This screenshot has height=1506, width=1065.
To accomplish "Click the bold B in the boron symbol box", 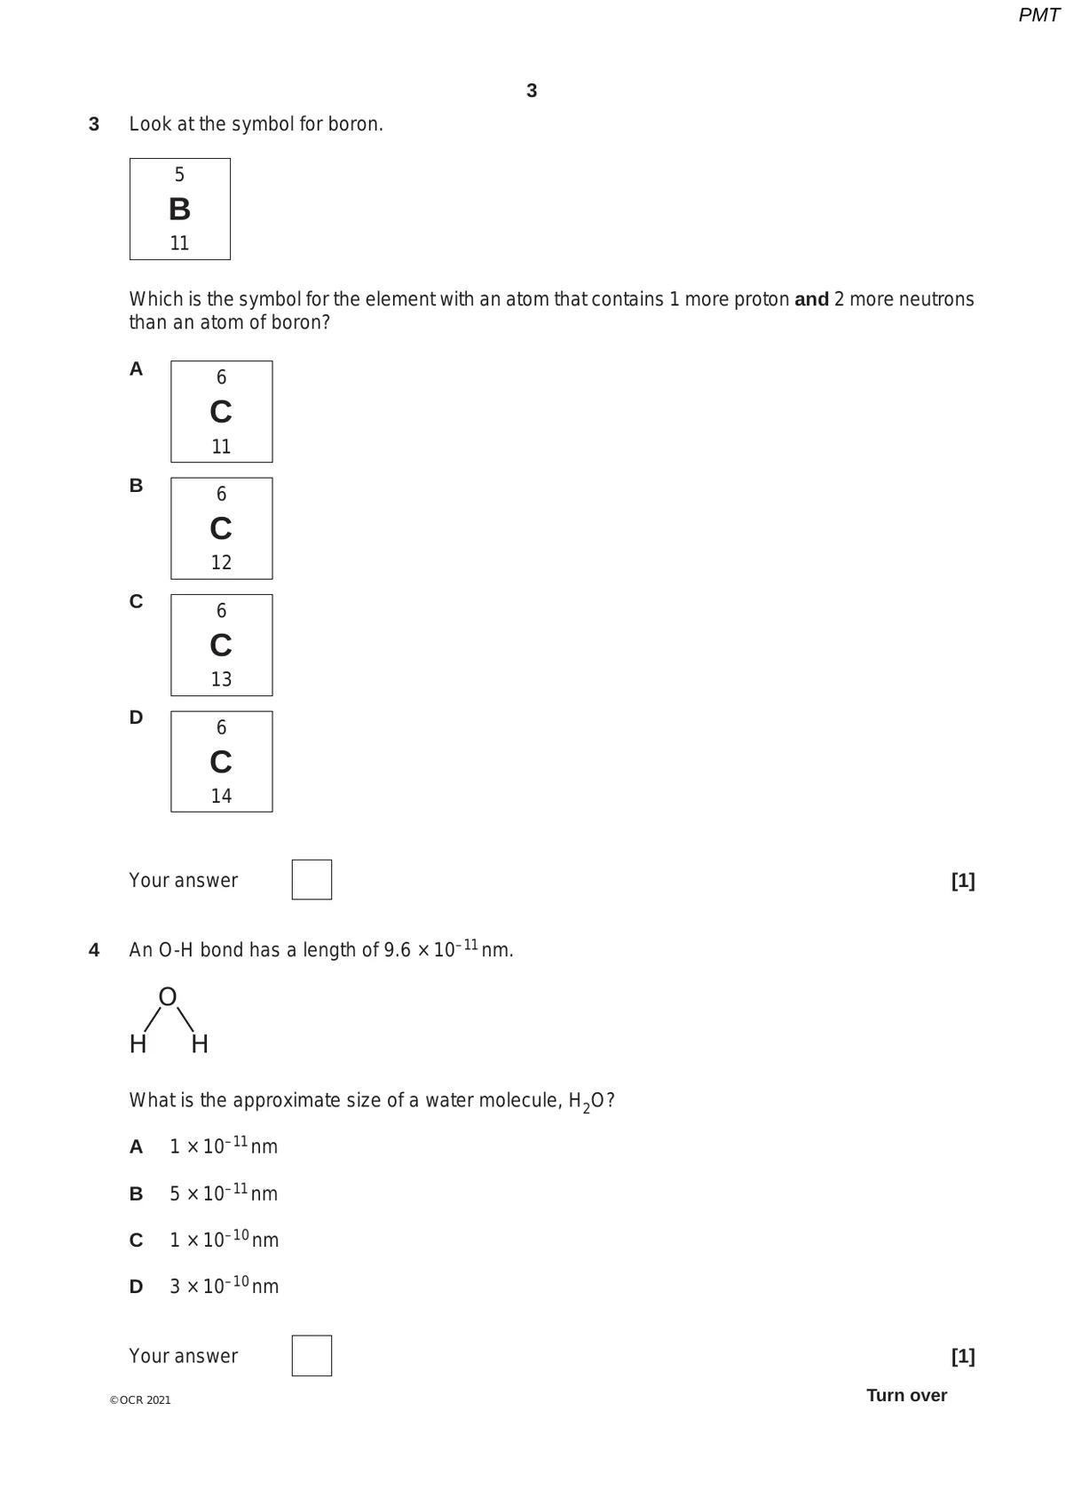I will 179,210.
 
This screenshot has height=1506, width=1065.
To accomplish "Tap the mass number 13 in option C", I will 221,679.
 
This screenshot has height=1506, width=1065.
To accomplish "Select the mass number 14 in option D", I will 221,796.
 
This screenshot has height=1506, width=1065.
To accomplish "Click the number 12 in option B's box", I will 221,562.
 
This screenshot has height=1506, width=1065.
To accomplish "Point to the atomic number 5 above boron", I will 179,175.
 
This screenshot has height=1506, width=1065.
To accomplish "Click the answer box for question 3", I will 312,880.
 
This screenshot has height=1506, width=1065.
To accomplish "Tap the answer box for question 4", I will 312,1356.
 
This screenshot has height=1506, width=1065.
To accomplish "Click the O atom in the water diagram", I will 168,997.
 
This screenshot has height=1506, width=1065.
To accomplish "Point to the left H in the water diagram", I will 138,1044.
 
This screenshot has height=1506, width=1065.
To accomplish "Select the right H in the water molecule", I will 200,1044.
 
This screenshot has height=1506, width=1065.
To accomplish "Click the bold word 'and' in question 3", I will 811,299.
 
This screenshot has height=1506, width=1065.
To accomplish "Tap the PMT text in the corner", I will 1038,15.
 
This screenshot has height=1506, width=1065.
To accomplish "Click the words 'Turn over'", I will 906,1395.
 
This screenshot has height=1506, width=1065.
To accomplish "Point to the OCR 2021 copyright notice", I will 140,1400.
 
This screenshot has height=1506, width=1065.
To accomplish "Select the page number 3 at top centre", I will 532,91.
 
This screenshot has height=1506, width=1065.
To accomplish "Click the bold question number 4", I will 94,950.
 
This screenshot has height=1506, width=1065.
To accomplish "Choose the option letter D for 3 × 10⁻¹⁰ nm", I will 136,1287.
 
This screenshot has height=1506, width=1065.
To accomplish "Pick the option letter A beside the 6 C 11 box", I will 136,369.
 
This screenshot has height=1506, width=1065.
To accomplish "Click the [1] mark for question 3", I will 963,881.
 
